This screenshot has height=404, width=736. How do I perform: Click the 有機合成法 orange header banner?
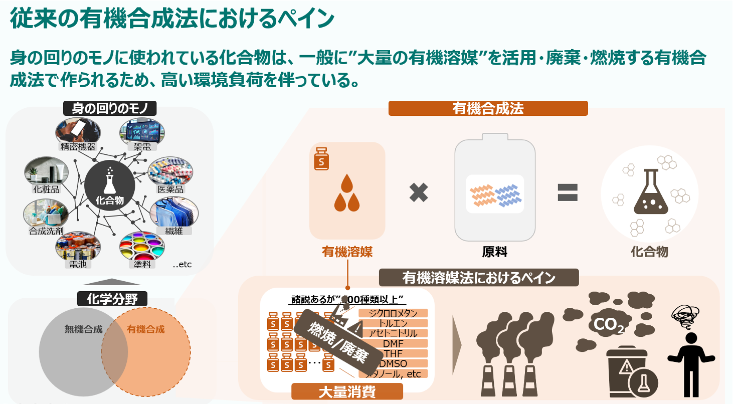(487, 108)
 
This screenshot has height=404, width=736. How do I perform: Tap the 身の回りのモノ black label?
(110, 108)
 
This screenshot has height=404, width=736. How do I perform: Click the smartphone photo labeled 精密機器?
(78, 131)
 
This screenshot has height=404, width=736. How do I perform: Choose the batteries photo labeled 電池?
(78, 246)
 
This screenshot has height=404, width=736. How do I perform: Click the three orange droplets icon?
(347, 193)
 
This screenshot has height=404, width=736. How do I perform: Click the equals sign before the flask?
(568, 192)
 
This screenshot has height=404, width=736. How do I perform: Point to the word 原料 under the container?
(494, 252)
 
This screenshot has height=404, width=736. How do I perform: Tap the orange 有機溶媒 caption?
(347, 252)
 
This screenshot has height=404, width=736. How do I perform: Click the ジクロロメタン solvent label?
(393, 313)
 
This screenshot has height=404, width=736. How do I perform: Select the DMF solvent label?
(393, 343)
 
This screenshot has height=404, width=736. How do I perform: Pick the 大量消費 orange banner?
(347, 391)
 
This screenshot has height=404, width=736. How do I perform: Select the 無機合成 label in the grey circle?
(83, 329)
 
